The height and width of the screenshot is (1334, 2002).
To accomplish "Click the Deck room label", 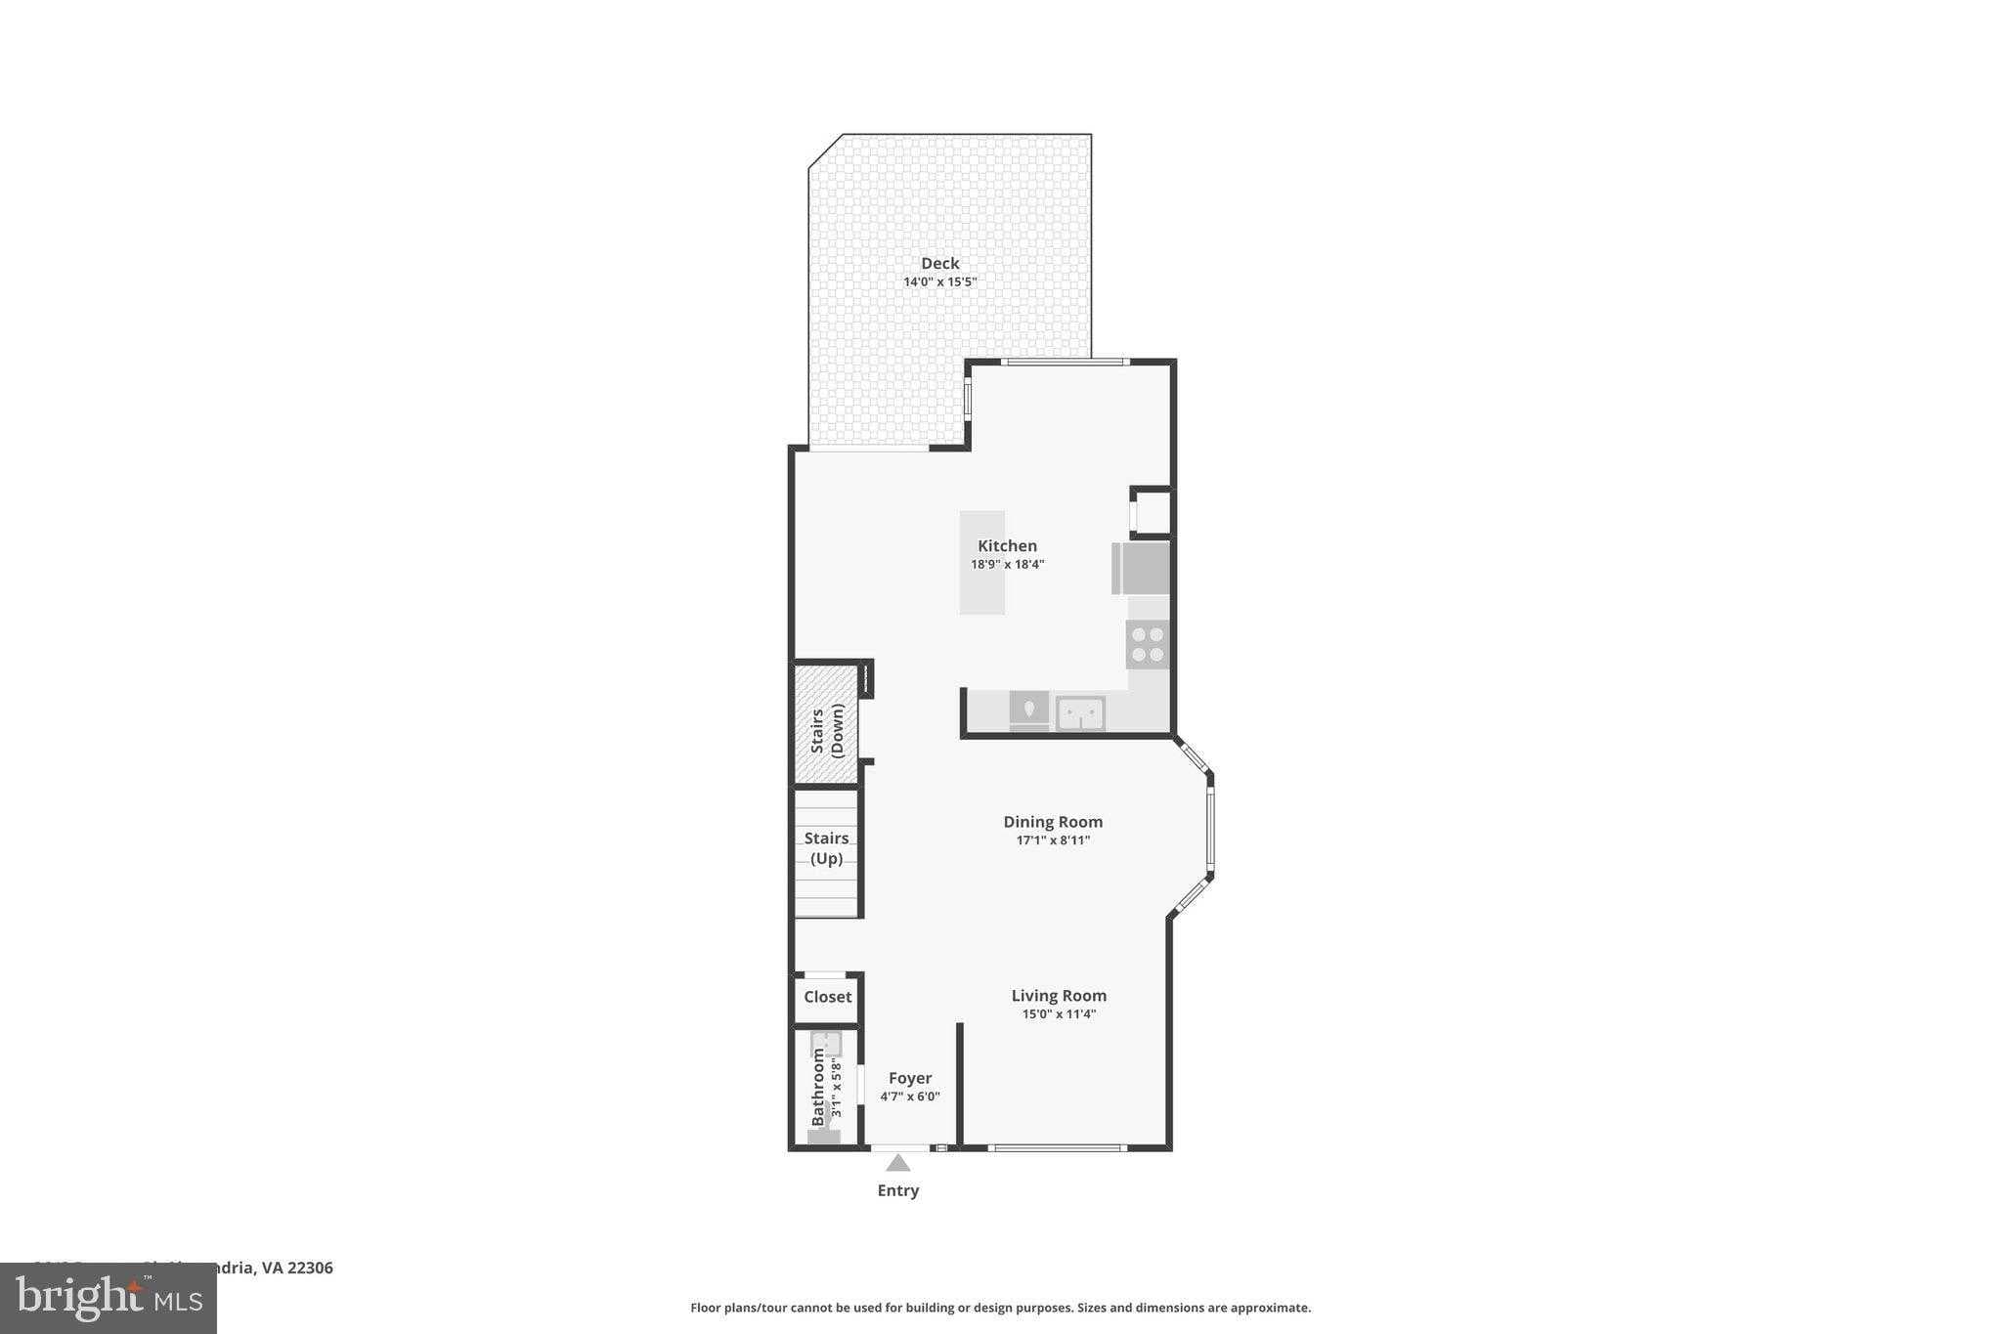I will pos(939,263).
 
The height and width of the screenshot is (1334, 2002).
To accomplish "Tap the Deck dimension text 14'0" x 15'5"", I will pos(939,281).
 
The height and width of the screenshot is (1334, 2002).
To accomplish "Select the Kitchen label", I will pos(1007,545).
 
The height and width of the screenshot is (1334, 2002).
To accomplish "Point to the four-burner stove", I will pos(1147,644).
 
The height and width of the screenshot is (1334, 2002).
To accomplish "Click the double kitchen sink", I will pos(1079,712).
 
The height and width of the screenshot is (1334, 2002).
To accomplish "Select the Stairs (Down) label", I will pos(826,730).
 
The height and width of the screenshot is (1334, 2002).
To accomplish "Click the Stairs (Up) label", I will pos(826,848).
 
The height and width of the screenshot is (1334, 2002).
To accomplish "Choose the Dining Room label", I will pos(1053,822).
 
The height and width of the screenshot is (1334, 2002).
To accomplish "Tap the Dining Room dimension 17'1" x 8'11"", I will pos(1053,840).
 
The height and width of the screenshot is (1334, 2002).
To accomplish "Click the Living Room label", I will pos(1059,996).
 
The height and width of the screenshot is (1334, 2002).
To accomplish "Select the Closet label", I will pos(827,997).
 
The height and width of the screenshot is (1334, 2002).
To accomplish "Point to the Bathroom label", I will pos(819,1087).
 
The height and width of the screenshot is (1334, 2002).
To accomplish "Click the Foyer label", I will pos(909,1078).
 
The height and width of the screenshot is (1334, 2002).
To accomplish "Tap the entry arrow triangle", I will pos(897,1163).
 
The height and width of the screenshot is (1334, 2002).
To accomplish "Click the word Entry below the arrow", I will pos(897,1190).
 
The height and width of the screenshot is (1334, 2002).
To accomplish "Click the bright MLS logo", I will pos(109,1299).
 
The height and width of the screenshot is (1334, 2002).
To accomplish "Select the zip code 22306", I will pos(310,1268).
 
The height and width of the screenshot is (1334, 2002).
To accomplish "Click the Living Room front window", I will pos(1057,1147).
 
